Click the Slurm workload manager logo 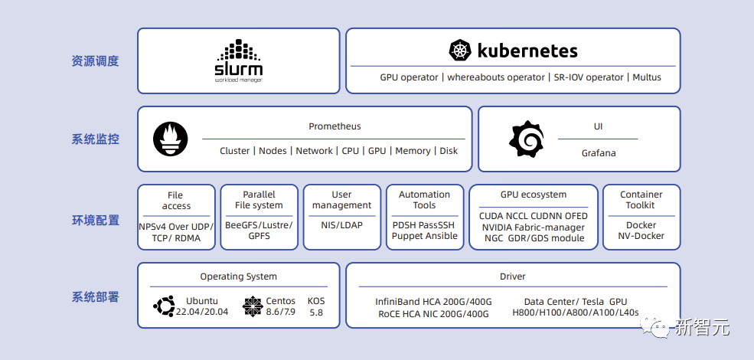point(239,60)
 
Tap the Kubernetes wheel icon point(459,51)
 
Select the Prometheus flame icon point(170,139)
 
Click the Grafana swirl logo point(527,139)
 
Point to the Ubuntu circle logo point(164,306)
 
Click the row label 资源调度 point(96,61)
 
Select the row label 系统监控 point(96,139)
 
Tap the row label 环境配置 point(96,221)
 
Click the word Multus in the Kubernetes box point(647,77)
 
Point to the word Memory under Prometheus point(413,151)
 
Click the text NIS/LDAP point(341,225)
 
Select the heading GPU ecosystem point(534,195)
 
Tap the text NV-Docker point(641,236)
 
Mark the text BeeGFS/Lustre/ point(259,225)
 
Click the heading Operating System point(239,277)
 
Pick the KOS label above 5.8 point(316,301)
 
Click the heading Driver point(513,277)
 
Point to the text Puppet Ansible point(424,236)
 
